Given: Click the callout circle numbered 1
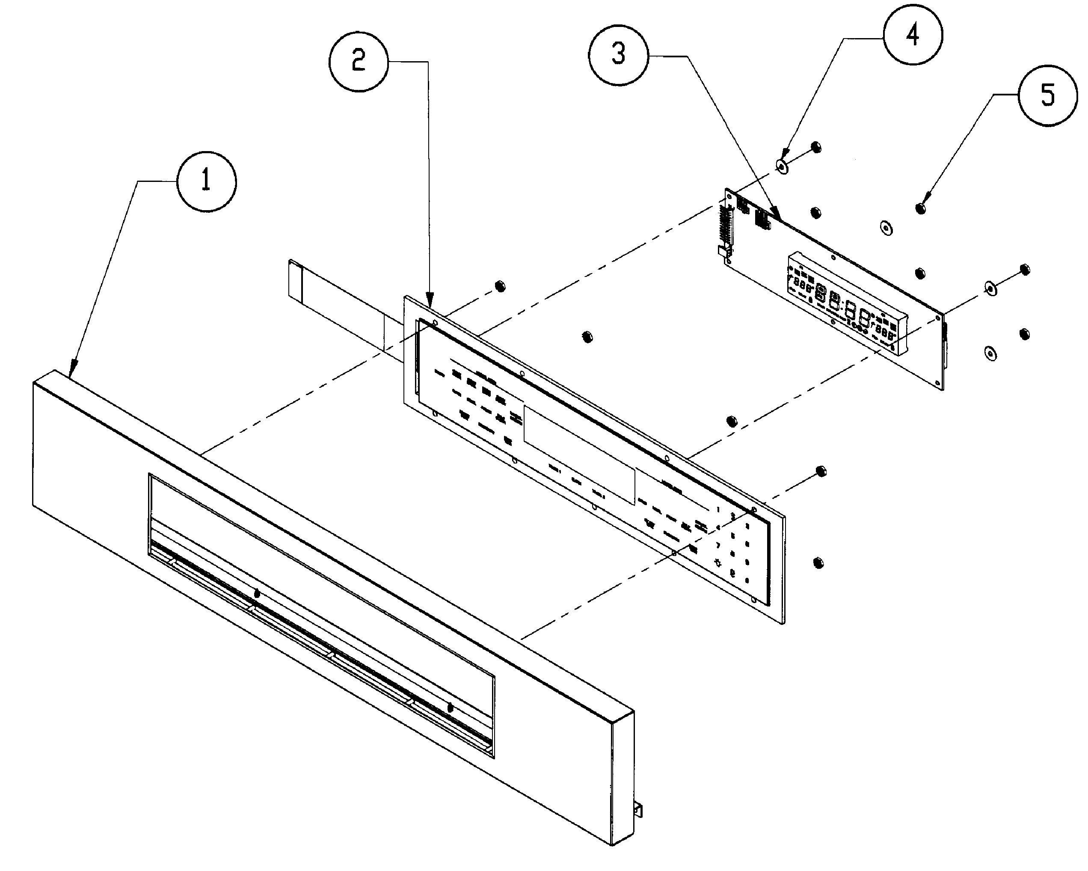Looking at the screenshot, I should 206,180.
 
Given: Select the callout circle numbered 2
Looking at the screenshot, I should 358,62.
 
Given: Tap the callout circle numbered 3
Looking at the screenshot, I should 618,54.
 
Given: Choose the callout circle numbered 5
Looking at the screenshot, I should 1048,95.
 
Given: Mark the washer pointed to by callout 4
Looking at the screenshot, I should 782,166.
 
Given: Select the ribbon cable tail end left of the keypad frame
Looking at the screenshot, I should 295,279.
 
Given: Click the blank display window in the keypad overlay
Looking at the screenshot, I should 579,455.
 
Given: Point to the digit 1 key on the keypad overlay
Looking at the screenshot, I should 718,510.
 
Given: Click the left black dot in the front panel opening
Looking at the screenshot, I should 256,594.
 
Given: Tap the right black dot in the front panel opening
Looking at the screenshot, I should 450,708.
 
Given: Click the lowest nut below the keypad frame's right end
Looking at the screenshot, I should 818,562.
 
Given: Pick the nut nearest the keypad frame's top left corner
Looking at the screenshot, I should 500,286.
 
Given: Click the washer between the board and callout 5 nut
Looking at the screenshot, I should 885,228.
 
